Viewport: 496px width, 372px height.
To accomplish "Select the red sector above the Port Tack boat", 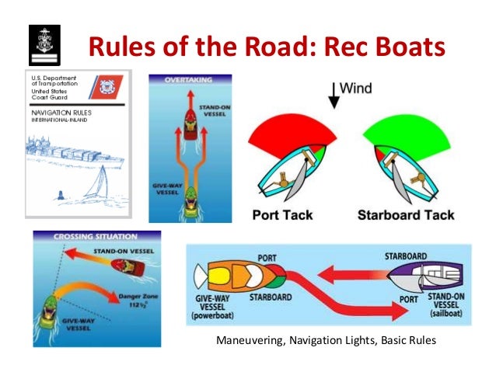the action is click(x=292, y=127).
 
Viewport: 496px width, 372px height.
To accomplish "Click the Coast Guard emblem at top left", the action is click(x=40, y=46).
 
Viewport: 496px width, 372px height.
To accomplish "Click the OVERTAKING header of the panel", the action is click(x=188, y=78).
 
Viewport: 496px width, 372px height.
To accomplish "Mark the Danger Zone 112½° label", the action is click(x=134, y=298).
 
